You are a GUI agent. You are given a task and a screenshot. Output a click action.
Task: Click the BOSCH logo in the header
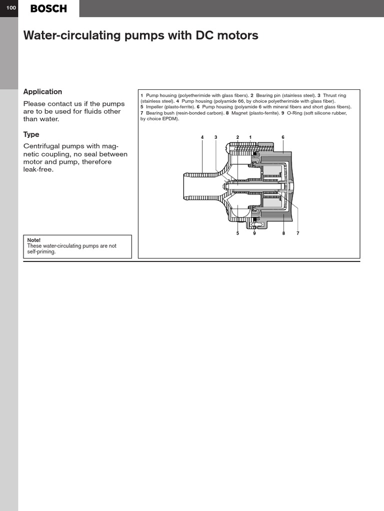pyautogui.click(x=48, y=8)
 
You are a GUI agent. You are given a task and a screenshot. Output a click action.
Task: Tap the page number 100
pyautogui.click(x=9, y=8)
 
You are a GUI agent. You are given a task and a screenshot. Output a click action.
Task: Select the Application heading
pyautogui.click(x=43, y=92)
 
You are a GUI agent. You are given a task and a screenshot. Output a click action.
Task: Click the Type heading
pyautogui.click(x=31, y=135)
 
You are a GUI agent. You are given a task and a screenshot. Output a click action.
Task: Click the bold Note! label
pyautogui.click(x=34, y=240)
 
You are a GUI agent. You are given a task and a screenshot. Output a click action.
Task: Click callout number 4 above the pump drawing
pyautogui.click(x=202, y=137)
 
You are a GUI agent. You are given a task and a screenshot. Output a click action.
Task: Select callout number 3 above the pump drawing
pyautogui.click(x=216, y=137)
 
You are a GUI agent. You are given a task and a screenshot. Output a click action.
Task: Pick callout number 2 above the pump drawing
pyautogui.click(x=238, y=137)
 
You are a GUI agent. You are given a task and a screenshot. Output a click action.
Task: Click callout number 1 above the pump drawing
pyautogui.click(x=250, y=137)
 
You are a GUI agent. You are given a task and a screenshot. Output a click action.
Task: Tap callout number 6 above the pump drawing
pyautogui.click(x=283, y=137)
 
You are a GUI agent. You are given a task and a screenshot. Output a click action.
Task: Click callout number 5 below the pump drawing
pyautogui.click(x=238, y=233)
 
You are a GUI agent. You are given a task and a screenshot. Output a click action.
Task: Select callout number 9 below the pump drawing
pyautogui.click(x=254, y=233)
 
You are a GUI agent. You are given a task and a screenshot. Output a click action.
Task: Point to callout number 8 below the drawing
pyautogui.click(x=283, y=233)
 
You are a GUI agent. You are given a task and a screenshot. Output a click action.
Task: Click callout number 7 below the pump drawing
pyautogui.click(x=297, y=233)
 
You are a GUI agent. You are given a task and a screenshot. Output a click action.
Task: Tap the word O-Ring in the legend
pyautogui.click(x=295, y=113)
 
